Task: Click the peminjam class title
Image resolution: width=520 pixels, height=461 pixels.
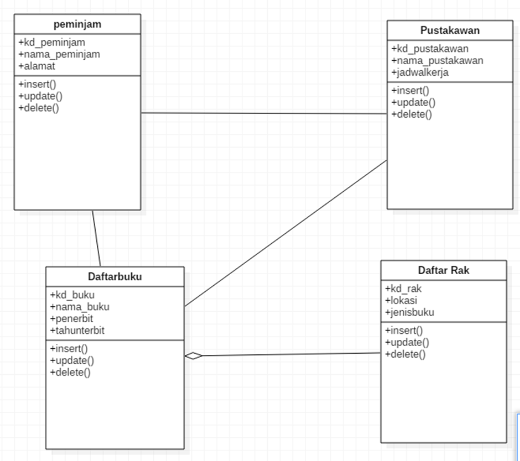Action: [x=77, y=24]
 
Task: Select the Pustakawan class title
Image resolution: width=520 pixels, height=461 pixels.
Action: [x=450, y=30]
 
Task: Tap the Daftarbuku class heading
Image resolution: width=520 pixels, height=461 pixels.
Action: [x=115, y=277]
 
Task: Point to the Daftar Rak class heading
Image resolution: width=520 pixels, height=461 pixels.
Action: [x=444, y=270]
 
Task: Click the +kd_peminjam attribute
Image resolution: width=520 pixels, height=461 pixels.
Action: [x=51, y=42]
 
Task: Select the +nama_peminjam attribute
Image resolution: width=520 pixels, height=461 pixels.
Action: [x=59, y=54]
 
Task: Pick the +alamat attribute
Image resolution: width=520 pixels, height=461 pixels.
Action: [x=37, y=66]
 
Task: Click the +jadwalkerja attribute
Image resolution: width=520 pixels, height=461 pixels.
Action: [x=420, y=72]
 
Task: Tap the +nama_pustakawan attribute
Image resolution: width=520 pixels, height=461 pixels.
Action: [x=437, y=60]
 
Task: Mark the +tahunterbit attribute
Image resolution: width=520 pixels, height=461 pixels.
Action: [x=77, y=331]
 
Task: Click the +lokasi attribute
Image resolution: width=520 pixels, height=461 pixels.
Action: [x=401, y=300]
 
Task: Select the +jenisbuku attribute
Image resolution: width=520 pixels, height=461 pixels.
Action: [x=409, y=312]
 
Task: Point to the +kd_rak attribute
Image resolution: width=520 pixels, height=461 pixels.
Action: [x=403, y=289]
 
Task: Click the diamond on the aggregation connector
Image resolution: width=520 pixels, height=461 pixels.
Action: [x=194, y=356]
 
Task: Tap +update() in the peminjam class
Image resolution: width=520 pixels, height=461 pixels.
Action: [x=40, y=96]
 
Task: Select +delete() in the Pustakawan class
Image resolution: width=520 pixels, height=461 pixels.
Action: [x=412, y=114]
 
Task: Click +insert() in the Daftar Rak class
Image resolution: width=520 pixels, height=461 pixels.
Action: [x=404, y=331]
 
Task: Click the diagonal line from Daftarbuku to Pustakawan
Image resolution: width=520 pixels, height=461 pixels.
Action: [x=285, y=233]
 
